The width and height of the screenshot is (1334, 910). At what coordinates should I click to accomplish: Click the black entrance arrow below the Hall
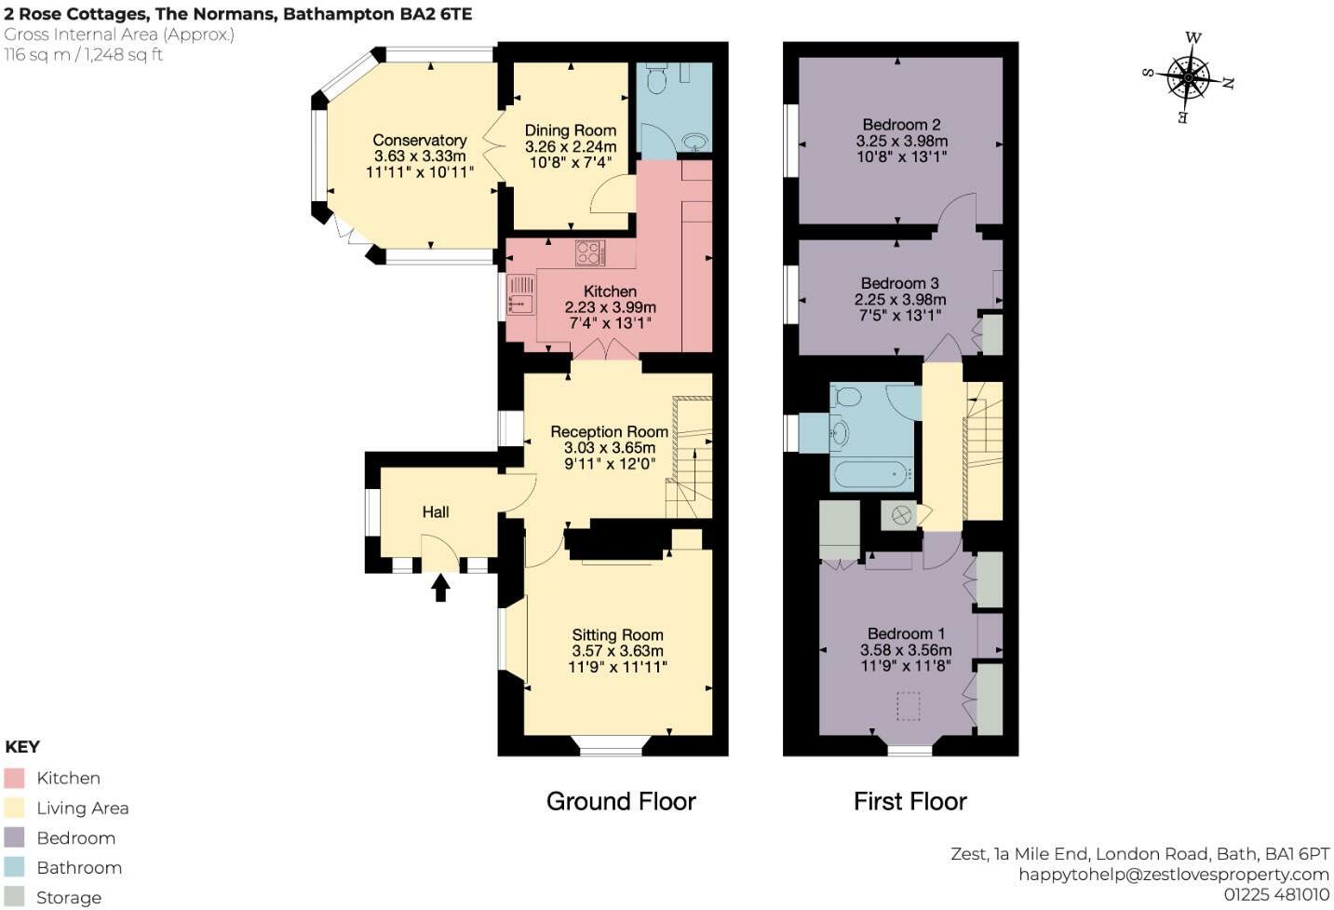tap(440, 588)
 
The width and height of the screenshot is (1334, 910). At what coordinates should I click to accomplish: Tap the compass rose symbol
tap(1189, 77)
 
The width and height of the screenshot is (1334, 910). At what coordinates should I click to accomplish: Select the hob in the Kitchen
tap(589, 252)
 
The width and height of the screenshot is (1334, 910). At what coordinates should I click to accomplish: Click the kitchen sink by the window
tap(520, 295)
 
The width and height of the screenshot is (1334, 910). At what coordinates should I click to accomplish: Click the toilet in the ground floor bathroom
tap(656, 80)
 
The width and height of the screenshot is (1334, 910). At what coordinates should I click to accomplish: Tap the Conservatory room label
tap(420, 140)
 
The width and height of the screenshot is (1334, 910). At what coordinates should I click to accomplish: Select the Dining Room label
tap(571, 130)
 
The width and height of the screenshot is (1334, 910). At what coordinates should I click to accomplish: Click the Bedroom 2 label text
tap(901, 124)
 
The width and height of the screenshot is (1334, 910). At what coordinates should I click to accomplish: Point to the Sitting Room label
tap(617, 634)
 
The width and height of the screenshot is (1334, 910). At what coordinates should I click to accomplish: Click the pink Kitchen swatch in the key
tap(14, 778)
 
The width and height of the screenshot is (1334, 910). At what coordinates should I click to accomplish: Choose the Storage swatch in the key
tap(14, 897)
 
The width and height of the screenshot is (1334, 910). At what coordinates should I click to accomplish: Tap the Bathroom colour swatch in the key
tap(14, 867)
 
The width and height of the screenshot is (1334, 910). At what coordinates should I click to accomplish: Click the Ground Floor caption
tap(621, 801)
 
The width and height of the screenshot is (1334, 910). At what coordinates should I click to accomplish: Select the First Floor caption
tap(910, 801)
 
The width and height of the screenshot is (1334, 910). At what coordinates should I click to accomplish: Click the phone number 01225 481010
tap(1276, 894)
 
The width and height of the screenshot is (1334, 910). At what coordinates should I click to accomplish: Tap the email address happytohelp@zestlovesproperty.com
tap(1173, 874)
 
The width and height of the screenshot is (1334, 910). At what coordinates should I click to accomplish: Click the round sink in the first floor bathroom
tap(841, 432)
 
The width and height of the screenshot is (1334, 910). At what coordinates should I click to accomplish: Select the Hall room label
tap(436, 511)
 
